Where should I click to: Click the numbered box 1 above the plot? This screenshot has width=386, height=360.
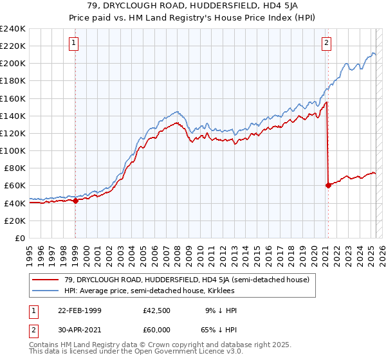coord(75,43)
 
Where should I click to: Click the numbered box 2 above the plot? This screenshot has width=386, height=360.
coord(327,43)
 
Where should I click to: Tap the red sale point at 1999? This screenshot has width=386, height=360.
coord(75,201)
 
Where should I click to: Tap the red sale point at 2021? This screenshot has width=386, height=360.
coord(328,185)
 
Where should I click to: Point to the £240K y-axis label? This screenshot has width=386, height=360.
coord(13,29)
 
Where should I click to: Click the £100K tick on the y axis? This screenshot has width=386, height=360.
coord(13,150)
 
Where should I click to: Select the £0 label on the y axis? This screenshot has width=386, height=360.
coord(21,238)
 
